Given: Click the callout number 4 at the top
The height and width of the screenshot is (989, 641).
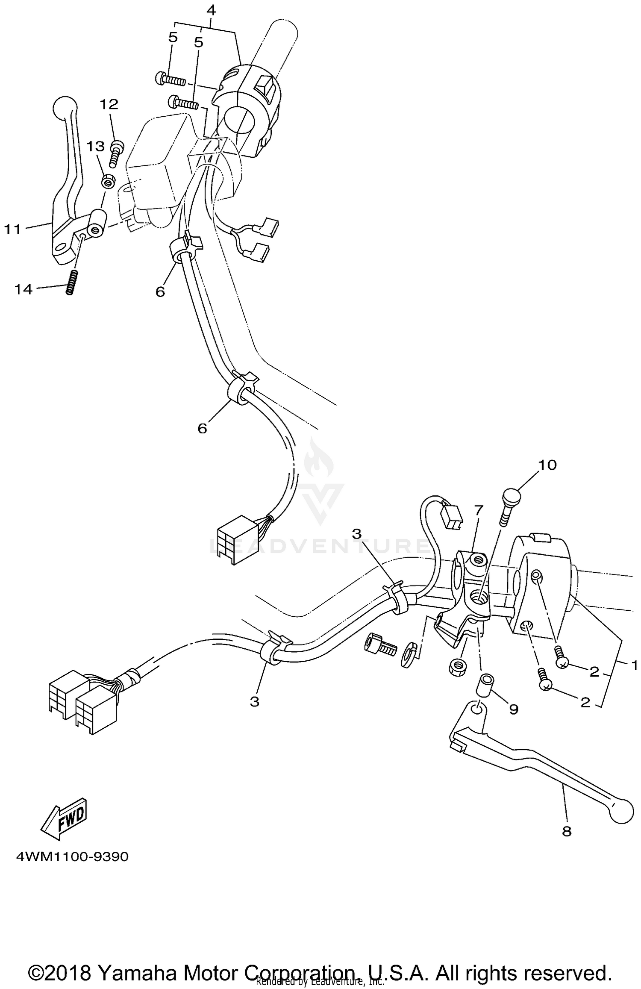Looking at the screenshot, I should tap(211, 10).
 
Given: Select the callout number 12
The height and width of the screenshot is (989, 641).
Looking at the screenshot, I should tap(109, 104).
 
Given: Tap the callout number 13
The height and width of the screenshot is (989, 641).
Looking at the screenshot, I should tap(96, 147).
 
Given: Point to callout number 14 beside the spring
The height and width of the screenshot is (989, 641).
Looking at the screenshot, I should tap(24, 289).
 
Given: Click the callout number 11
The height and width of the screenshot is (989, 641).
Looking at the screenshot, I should tap(13, 230).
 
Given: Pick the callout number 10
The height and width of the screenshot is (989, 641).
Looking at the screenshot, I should tap(548, 465).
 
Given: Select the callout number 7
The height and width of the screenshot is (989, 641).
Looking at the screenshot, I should tap(478, 510).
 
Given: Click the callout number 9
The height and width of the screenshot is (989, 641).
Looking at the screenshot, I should tap(514, 709).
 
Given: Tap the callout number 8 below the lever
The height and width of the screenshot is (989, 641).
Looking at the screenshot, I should tap(567, 831).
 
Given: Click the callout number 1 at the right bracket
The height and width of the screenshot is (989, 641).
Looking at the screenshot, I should tap(634, 665).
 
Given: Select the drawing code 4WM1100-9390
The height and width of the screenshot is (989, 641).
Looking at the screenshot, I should tap(72, 857).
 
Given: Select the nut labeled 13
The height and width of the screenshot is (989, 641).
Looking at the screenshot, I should tap(108, 182).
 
